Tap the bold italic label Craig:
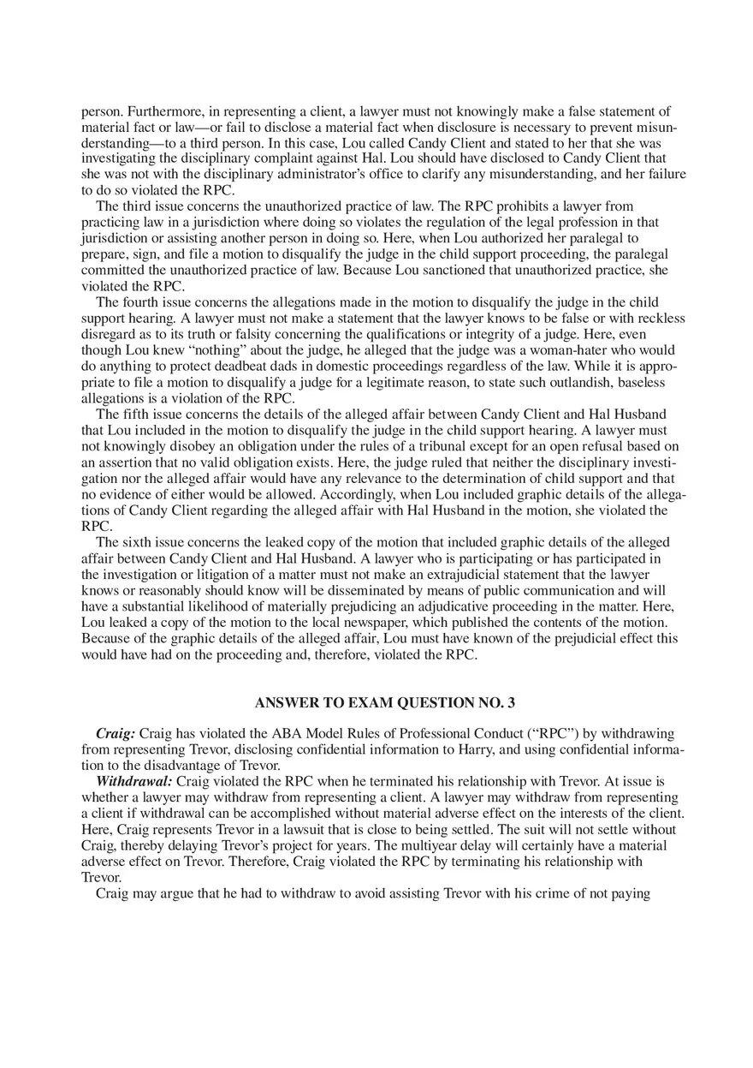click(116, 734)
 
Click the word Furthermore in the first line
click(160, 111)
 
